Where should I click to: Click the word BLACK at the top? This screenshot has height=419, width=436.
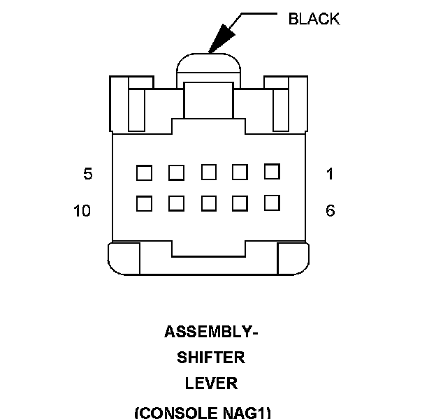(x=314, y=19)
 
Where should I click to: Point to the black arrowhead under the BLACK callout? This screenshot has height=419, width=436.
(x=218, y=39)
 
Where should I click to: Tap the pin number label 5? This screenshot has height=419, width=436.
(x=88, y=174)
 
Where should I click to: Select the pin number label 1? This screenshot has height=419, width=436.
(x=330, y=174)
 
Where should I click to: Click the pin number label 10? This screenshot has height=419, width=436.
(x=82, y=210)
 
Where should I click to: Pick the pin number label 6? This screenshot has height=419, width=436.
(x=330, y=210)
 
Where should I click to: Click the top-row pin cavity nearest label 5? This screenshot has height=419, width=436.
(x=144, y=172)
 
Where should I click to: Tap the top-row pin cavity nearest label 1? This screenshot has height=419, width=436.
(x=272, y=170)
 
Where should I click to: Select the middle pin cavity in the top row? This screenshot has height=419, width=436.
(x=209, y=171)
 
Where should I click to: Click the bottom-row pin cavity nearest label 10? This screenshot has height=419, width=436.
(x=144, y=203)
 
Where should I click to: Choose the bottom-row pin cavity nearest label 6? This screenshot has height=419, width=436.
(x=272, y=202)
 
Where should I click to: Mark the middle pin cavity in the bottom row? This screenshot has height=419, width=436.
(x=209, y=203)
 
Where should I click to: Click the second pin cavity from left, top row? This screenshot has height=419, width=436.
(x=176, y=172)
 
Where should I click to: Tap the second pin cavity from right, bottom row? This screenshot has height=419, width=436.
(x=240, y=203)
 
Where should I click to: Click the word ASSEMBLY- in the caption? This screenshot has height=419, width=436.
(x=211, y=332)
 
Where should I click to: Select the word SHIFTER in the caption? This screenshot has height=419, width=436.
(x=211, y=358)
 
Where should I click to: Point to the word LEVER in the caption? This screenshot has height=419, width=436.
(x=211, y=383)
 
